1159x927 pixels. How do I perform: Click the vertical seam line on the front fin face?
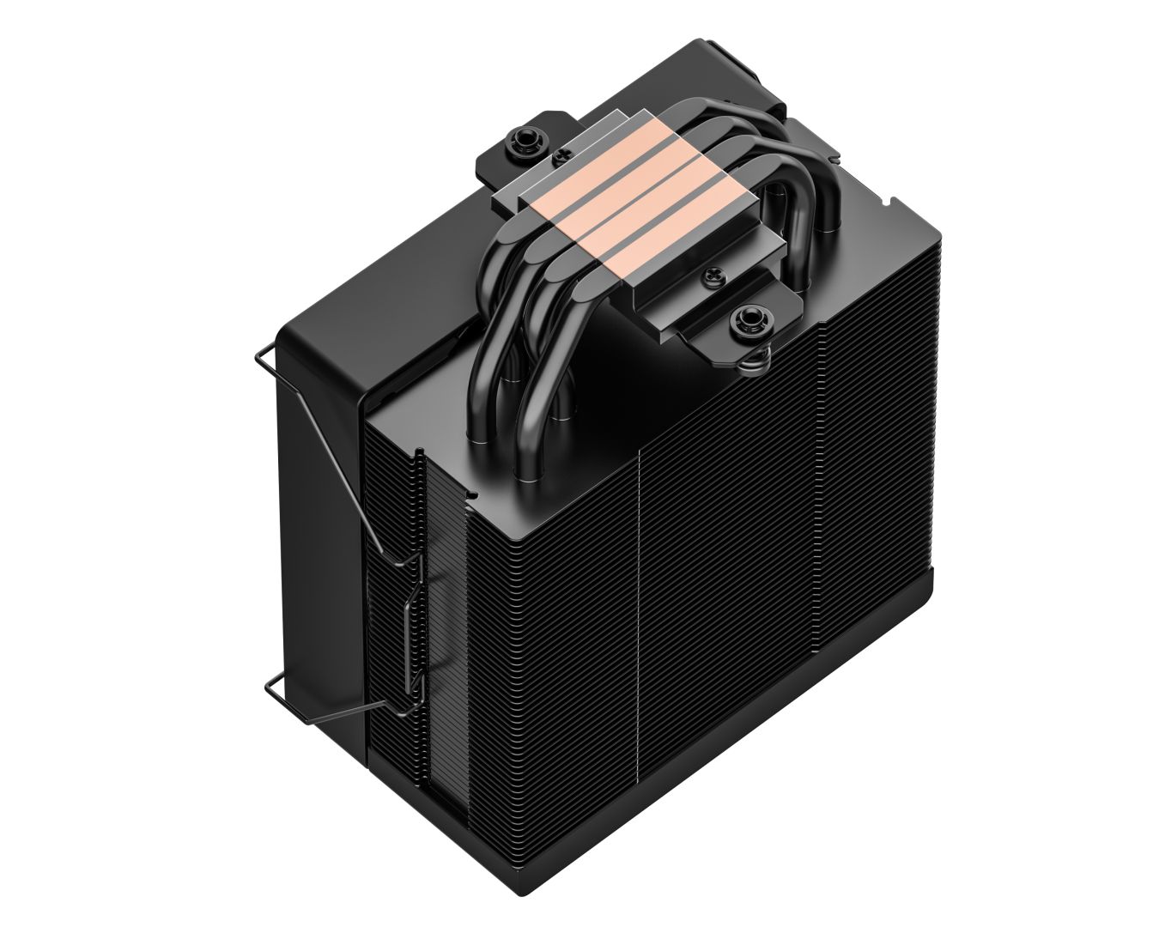(641, 601)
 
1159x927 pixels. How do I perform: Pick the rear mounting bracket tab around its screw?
(502, 159)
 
